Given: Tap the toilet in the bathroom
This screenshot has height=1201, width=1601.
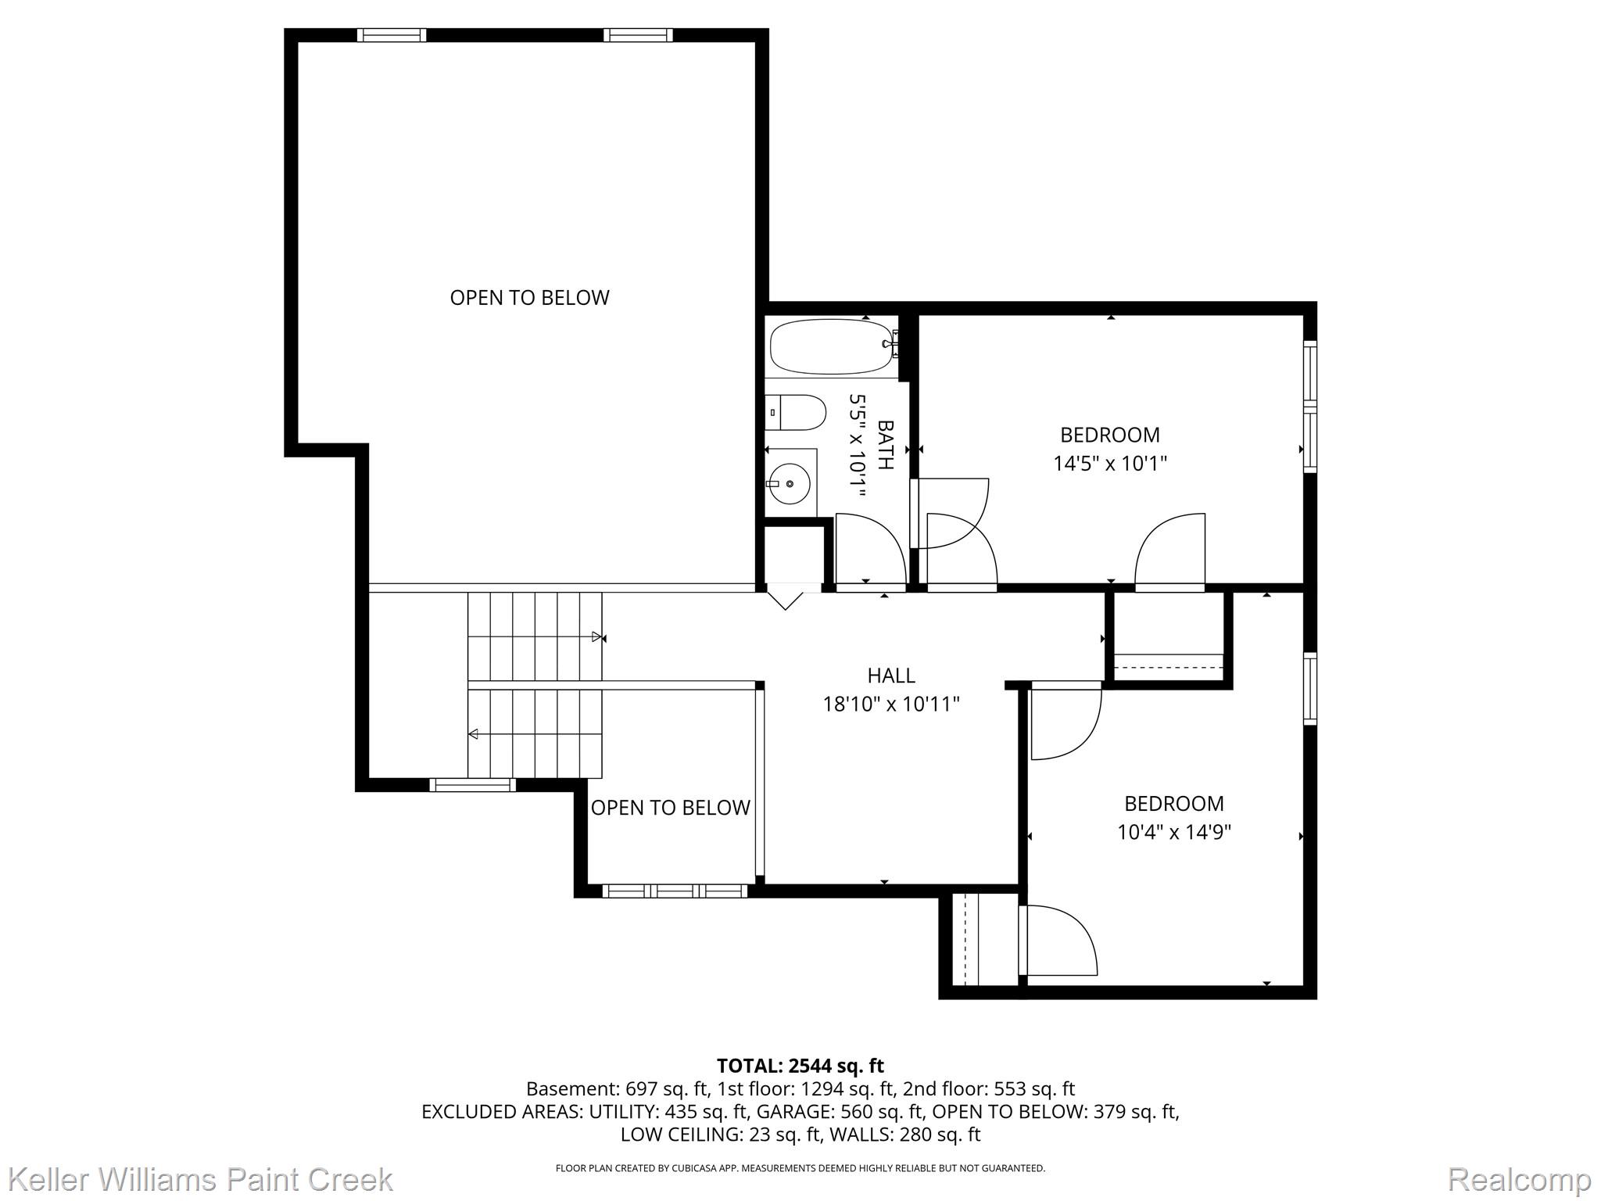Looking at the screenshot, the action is coord(795,412).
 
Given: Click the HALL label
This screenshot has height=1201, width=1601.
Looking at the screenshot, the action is coord(891,676).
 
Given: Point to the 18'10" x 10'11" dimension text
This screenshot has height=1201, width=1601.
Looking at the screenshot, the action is coord(891,704).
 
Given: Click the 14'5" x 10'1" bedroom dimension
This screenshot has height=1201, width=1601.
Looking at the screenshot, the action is coord(1110,464).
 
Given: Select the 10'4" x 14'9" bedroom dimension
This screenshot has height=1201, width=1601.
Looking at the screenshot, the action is coord(1174,832).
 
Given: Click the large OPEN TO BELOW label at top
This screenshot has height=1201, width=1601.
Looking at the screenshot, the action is coord(529,297).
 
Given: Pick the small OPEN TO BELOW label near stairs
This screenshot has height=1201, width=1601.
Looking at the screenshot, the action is coord(671,808).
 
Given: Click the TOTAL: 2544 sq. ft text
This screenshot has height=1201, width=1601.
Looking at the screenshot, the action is coord(800,1066).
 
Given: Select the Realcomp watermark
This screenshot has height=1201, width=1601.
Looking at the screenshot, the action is coord(1519,1180).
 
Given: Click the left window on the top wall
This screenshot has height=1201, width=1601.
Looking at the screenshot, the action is coord(392,34).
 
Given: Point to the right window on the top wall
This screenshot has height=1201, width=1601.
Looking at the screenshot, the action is coord(638,34).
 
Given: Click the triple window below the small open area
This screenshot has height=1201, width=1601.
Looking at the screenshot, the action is coord(675,891).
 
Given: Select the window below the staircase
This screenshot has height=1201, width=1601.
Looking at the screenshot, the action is coord(472,784).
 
